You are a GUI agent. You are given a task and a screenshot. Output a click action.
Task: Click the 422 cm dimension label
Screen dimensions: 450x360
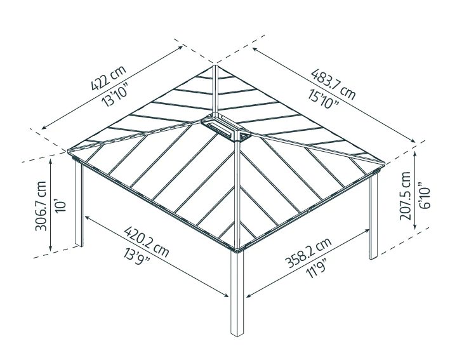(109, 78)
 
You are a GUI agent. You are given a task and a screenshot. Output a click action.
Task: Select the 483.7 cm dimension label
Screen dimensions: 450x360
(333, 84)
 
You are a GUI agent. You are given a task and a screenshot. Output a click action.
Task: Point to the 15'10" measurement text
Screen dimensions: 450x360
(324, 98)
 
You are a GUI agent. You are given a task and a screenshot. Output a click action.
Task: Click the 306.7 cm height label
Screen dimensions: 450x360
(41, 206)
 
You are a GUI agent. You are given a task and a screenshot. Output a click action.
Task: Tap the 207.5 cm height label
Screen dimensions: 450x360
(405, 196)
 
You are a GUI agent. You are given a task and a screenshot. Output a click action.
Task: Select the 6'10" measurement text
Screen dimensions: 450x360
(425, 196)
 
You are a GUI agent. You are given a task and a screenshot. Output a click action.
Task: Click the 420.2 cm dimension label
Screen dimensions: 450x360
(147, 242)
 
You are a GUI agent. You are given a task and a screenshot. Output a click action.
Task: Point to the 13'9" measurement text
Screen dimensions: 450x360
(136, 257)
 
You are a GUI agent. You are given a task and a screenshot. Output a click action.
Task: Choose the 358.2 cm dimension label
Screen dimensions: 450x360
(308, 253)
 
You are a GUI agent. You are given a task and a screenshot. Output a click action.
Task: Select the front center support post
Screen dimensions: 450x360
(237, 293)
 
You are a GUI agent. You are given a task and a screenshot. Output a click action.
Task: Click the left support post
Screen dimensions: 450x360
(79, 203)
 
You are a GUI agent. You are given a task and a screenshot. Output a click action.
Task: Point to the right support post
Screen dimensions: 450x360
(373, 216)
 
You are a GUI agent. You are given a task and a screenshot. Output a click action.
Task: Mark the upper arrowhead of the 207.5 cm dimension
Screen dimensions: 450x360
(415, 155)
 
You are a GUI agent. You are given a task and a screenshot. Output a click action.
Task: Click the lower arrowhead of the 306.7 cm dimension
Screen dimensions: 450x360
(51, 248)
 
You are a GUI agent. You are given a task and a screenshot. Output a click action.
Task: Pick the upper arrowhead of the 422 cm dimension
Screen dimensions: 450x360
(180, 48)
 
